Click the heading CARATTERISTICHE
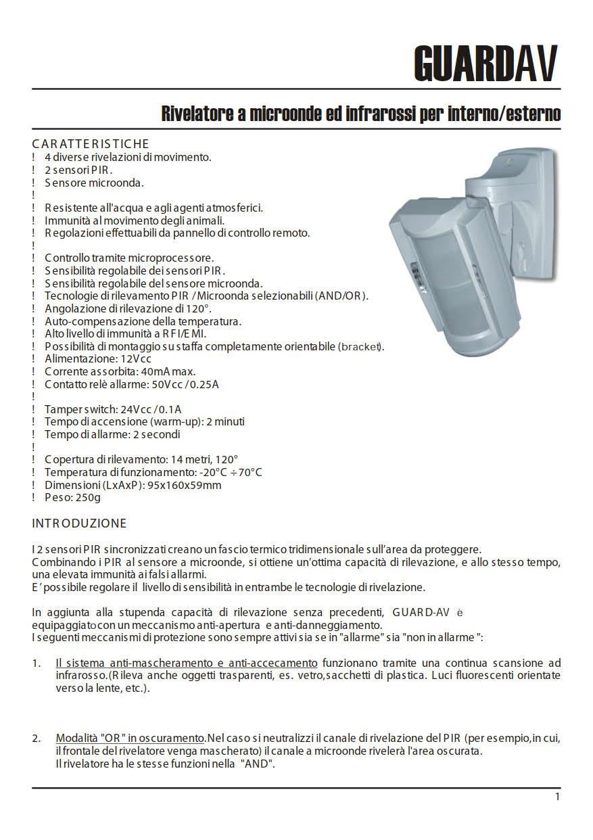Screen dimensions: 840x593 point(91,144)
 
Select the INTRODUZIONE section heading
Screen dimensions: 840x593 point(79,523)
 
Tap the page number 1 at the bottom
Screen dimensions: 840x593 point(557,797)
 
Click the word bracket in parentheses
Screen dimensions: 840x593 point(360,346)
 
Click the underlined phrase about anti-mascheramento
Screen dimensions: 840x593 point(187,663)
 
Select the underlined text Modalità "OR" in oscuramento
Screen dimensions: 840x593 point(131,738)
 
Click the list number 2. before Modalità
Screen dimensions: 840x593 point(37,738)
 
